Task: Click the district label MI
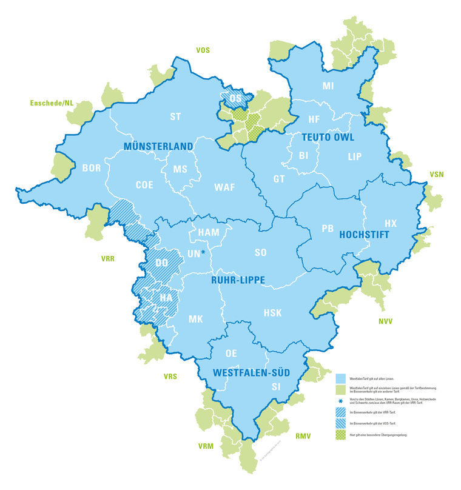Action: (328, 86)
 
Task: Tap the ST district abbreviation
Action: (176, 116)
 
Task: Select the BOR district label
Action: (92, 167)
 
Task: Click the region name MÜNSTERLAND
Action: (158, 147)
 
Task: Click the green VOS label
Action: (203, 50)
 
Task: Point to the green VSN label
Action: (437, 175)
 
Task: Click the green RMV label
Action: (303, 435)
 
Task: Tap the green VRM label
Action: (206, 447)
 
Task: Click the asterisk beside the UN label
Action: (203, 252)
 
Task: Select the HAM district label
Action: (209, 233)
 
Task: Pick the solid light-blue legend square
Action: (340, 377)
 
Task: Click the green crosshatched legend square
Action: (340, 435)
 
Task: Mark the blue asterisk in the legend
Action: (340, 400)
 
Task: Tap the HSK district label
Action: (272, 312)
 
